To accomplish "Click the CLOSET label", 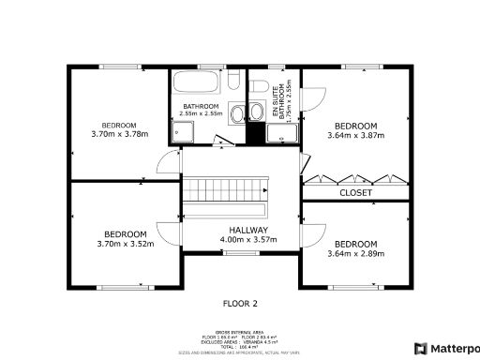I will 355,193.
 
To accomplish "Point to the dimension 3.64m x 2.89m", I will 355,252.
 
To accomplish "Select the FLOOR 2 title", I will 239,303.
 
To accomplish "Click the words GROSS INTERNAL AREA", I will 239,332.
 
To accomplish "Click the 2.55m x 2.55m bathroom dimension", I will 201,114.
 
